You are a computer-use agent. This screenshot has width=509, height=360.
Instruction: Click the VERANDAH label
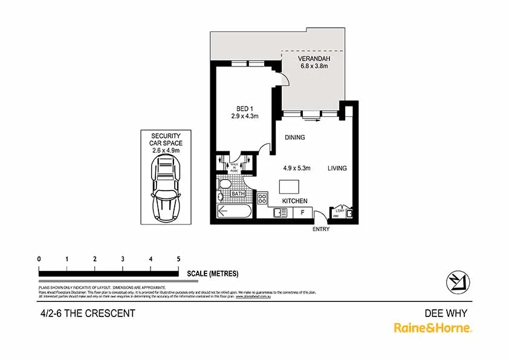[x=313, y=59]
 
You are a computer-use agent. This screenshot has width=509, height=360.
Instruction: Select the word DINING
[x=295, y=137]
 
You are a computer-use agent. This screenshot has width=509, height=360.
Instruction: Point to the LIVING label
[x=337, y=168]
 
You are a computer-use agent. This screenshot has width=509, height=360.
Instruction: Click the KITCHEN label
[x=294, y=201]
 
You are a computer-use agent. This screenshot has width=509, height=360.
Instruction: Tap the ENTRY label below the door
[x=320, y=229]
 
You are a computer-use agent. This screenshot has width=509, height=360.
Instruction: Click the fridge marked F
[x=302, y=212]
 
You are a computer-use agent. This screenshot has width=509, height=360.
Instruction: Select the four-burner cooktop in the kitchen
[x=263, y=198]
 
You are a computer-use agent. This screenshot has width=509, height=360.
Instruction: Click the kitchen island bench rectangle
[x=290, y=186]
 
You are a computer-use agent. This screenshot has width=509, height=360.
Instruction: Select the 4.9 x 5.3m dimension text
[x=297, y=168]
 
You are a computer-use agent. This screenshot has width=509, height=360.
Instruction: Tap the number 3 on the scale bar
[x=123, y=259]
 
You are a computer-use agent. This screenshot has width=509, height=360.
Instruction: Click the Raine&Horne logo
[x=433, y=328]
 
